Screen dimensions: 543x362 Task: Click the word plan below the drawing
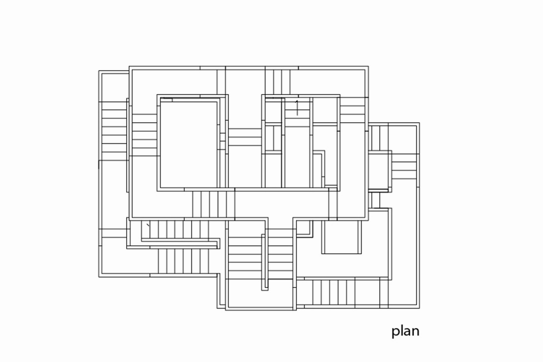tap(405, 331)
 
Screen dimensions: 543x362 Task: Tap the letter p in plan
tap(395, 333)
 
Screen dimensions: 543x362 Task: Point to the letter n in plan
tap(416, 332)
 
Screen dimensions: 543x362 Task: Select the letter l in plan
tap(401, 330)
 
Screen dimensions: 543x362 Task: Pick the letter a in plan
tap(407, 332)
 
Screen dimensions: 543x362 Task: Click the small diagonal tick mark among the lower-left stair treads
tap(148, 225)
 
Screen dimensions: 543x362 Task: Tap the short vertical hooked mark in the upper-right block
tap(297, 108)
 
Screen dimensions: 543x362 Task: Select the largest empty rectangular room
tap(189, 144)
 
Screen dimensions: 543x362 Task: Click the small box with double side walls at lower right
tap(342, 237)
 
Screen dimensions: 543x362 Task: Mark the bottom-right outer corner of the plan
tap(419, 309)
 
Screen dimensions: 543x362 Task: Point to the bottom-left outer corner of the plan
tap(99, 277)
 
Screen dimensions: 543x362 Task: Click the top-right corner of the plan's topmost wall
tap(368, 66)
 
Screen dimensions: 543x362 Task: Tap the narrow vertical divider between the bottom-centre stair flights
tap(265, 262)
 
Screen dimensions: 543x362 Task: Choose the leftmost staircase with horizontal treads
tap(114, 131)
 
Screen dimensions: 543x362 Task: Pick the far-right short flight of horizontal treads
tap(404, 167)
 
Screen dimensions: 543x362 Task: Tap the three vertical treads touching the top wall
tap(277, 82)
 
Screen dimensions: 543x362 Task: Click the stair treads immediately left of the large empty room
tap(144, 135)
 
